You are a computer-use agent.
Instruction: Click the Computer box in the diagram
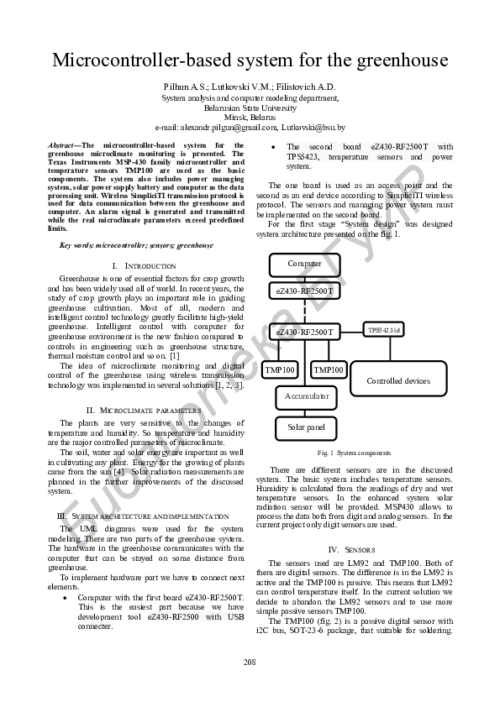tap(304, 264)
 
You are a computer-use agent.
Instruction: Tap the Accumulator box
tap(306, 395)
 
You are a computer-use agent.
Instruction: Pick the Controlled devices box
tap(397, 380)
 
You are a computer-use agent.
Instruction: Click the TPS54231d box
tap(384, 330)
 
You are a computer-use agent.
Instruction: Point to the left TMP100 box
tap(280, 369)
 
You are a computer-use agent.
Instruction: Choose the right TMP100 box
tap(329, 369)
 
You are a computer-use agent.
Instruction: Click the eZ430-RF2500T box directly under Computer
tap(304, 291)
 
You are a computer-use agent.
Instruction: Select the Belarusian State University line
tap(250, 107)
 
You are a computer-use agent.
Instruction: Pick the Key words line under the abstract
tap(136, 245)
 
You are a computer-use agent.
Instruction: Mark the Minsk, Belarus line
tap(250, 118)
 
